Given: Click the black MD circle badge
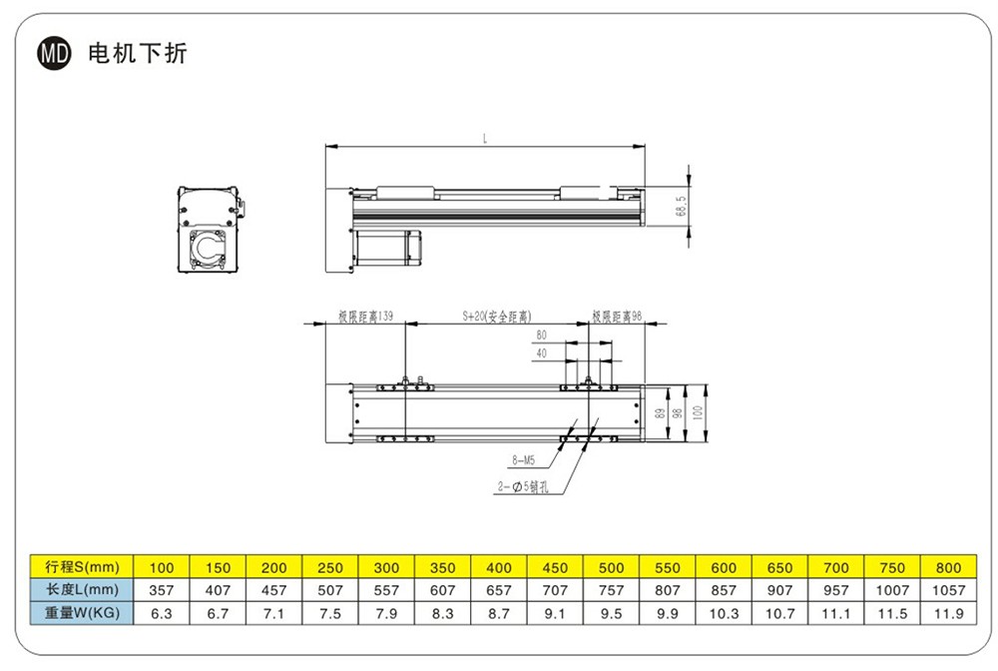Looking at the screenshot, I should point(53,54).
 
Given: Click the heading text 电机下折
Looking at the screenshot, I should point(138,54).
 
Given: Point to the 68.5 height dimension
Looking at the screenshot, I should point(682,204).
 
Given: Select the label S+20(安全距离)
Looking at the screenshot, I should point(496,317).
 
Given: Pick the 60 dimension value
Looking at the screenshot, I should point(541,335).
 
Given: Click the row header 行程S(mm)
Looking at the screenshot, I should point(82,567).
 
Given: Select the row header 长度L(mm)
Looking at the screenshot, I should point(82,590).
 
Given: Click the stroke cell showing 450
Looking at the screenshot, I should point(556,567).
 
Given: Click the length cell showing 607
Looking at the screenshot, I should point(443,590).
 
